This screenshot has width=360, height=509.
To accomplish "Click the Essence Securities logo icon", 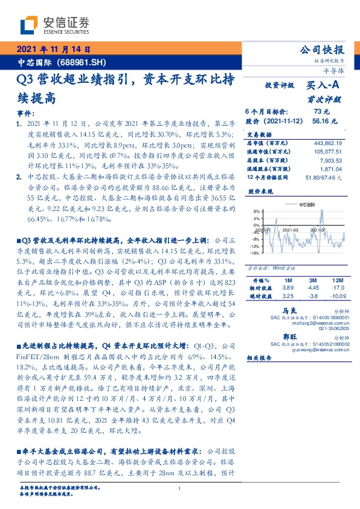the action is tap(30, 24).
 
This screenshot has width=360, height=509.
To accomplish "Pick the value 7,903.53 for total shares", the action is tap(331, 161).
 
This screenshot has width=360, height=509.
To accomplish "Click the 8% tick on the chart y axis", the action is tap(257, 212).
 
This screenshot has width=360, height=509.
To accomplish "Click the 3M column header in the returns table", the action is tap(313, 280).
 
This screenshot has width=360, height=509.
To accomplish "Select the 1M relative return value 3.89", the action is tap(288, 289).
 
